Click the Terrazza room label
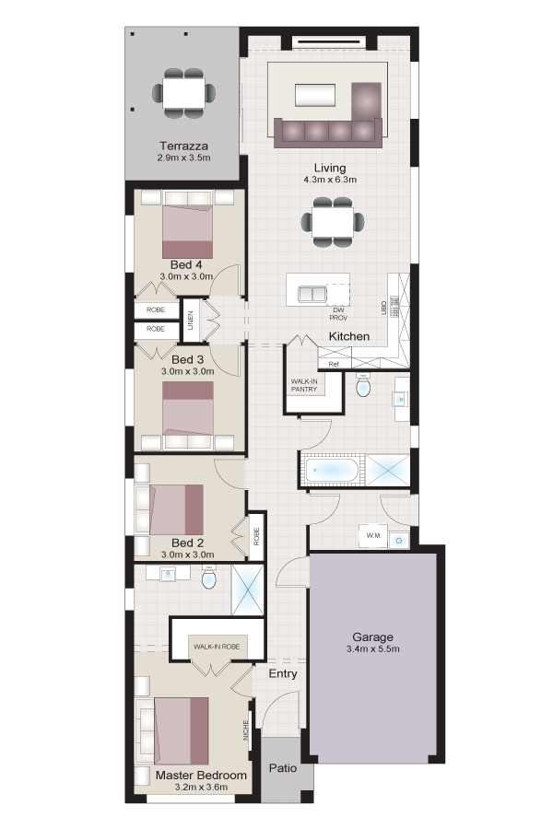[183, 146]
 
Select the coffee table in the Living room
[315, 96]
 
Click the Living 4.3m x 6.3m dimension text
[330, 180]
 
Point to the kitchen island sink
[312, 294]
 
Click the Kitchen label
[349, 336]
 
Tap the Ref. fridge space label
[334, 364]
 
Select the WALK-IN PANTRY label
[304, 385]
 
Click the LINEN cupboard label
[191, 320]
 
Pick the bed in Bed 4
[187, 231]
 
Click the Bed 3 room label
[187, 359]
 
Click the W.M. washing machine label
[373, 535]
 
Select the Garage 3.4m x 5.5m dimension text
[373, 648]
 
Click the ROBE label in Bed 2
[256, 537]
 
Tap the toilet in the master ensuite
[209, 578]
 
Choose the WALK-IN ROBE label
[217, 647]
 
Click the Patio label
[283, 767]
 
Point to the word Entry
[283, 673]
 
